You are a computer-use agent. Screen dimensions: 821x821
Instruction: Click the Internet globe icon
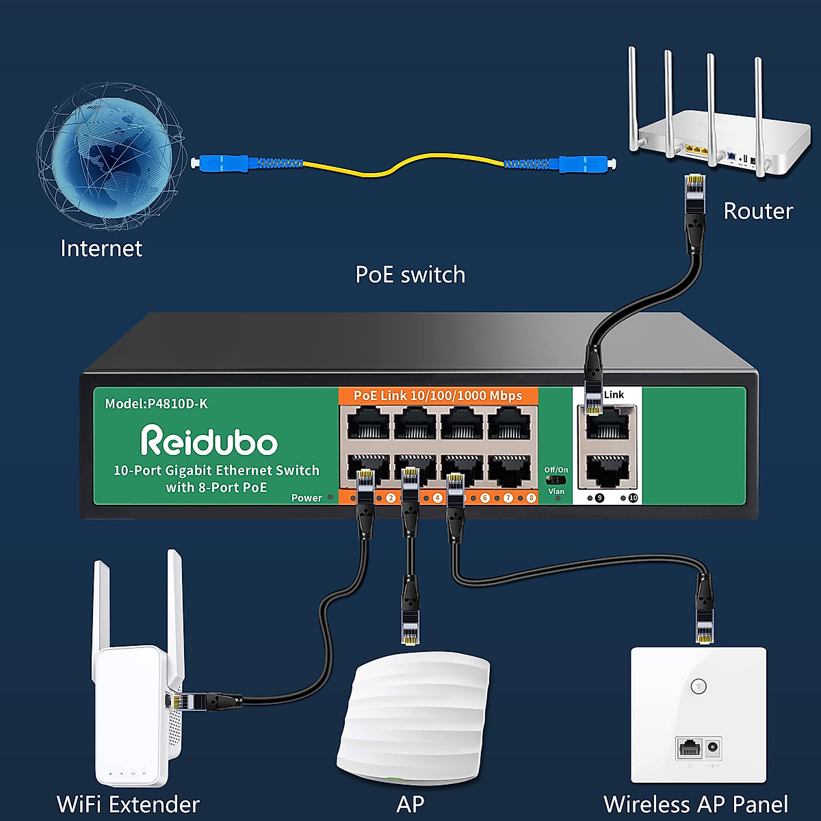[109, 156]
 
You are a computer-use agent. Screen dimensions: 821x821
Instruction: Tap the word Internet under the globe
[101, 248]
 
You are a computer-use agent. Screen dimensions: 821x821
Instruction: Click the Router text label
[758, 211]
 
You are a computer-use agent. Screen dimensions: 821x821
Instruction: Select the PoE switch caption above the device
[410, 275]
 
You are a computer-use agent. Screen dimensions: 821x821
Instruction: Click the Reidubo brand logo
[209, 441]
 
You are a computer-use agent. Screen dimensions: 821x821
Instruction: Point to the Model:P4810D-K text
[156, 404]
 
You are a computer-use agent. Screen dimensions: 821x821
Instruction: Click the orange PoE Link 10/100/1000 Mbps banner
[438, 395]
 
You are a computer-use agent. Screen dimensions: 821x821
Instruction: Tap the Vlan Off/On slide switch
[556, 480]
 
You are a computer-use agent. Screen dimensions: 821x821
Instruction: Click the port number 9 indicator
[599, 498]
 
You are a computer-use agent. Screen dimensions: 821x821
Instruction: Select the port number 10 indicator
[633, 498]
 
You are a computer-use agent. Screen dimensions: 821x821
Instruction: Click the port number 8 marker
[531, 498]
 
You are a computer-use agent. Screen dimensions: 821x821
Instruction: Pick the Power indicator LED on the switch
[330, 497]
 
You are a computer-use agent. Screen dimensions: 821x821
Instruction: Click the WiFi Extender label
[128, 804]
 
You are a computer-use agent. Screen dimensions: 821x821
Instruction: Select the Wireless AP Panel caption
[696, 804]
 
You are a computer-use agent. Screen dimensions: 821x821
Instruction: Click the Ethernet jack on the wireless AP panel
[689, 748]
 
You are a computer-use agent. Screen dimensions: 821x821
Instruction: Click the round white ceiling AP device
[413, 715]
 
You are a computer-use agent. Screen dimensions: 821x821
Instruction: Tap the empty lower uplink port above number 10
[608, 471]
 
